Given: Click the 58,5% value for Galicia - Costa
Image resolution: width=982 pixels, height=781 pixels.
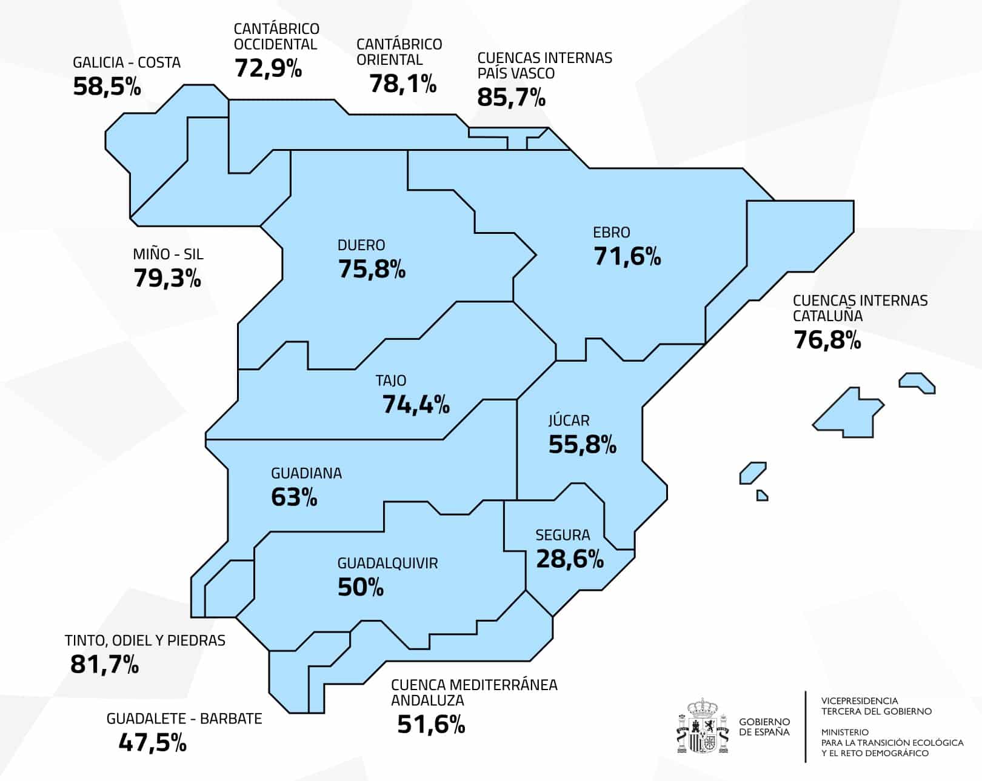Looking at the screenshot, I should (x=107, y=86).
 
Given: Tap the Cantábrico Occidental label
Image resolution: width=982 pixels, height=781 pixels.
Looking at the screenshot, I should (x=276, y=36).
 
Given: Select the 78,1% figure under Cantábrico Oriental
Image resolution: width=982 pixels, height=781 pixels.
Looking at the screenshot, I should (x=402, y=84).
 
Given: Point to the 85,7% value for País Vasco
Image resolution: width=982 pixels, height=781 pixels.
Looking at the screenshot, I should (x=511, y=97).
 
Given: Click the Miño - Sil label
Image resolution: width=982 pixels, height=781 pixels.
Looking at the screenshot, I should (x=168, y=254).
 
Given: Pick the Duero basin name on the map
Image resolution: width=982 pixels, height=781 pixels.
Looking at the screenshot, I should (x=361, y=245).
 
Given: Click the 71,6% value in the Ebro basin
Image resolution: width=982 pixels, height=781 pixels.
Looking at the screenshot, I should (x=627, y=256).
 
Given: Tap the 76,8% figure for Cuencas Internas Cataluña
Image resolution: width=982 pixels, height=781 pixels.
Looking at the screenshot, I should (x=827, y=340).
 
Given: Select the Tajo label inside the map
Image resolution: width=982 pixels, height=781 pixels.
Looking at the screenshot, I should (x=390, y=381).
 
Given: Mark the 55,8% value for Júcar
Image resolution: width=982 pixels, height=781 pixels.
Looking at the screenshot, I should (x=582, y=445).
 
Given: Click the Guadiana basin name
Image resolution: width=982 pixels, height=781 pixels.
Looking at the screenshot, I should (x=306, y=473).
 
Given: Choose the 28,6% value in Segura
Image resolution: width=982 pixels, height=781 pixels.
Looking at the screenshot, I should (x=569, y=559).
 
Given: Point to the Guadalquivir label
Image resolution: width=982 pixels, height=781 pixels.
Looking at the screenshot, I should (x=387, y=563).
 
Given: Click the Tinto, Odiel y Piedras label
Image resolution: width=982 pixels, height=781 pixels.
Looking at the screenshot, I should (x=145, y=640).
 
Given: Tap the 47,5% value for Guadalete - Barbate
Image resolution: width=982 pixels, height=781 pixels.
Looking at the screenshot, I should (x=152, y=743).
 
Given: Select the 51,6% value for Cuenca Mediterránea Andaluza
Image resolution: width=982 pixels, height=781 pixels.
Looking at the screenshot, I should (x=431, y=724).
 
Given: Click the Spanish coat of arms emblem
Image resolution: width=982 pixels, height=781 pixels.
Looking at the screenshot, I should (x=702, y=726).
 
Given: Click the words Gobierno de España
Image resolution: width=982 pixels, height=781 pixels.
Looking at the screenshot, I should (x=764, y=726).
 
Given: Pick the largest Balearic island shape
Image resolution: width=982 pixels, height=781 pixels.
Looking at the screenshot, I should (x=847, y=413).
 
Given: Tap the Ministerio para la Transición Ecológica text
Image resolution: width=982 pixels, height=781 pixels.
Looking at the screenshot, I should (x=892, y=742).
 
